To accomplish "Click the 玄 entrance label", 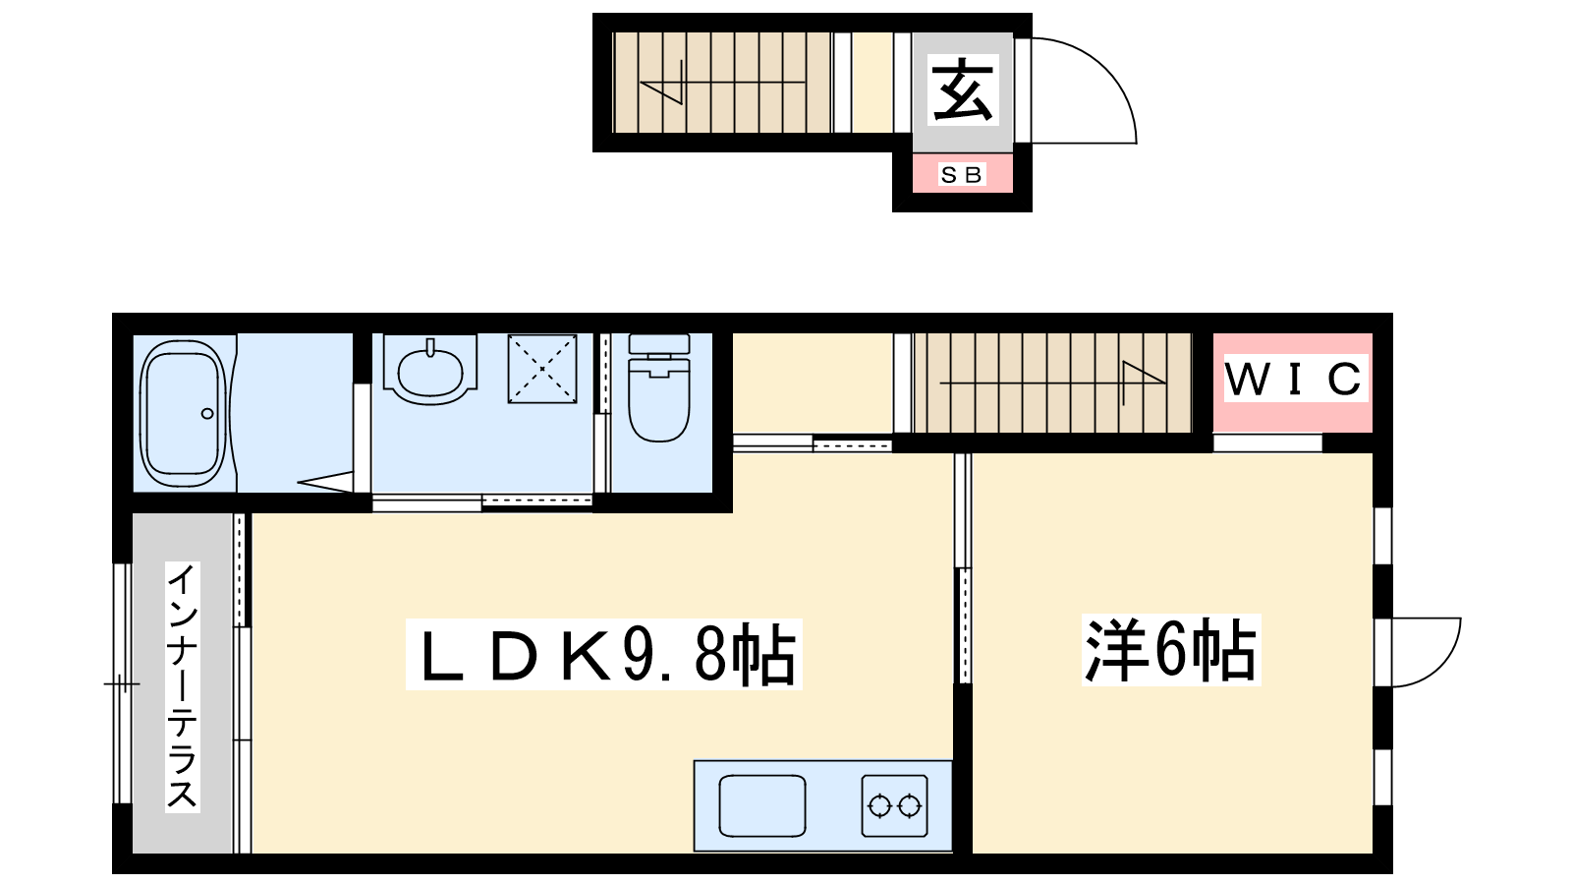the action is click(x=963, y=90).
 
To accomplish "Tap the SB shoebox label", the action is click(x=962, y=174).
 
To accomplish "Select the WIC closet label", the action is click(x=1296, y=380).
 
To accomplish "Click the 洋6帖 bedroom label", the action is click(x=1170, y=650).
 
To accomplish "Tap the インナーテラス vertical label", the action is click(x=183, y=687).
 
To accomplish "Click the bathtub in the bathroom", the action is click(x=183, y=414).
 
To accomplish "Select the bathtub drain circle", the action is click(x=207, y=414).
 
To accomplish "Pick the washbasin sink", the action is click(x=430, y=371).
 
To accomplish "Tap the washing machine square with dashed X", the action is click(x=542, y=369).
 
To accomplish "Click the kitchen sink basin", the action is click(x=762, y=805).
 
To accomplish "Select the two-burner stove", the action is click(x=895, y=805).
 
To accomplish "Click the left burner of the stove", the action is click(x=880, y=805).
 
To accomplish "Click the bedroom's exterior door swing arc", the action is click(x=1444, y=668).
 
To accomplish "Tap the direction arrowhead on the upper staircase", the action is click(x=661, y=92).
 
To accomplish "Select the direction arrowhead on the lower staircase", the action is click(x=1144, y=373).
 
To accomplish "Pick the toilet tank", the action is click(x=659, y=344).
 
